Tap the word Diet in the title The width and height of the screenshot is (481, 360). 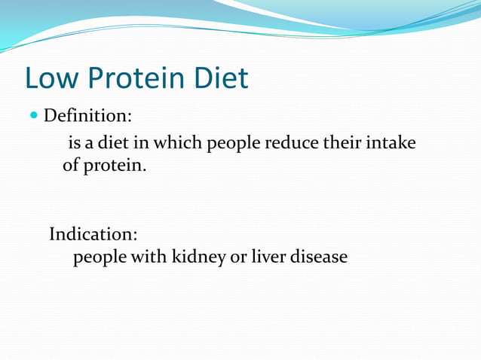tap(220, 78)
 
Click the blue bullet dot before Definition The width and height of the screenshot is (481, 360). tap(33, 117)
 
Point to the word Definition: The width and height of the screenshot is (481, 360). tap(87, 117)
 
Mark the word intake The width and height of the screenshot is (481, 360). tap(391, 142)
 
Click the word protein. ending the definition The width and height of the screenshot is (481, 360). tap(115, 166)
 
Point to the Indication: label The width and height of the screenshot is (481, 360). tap(93, 233)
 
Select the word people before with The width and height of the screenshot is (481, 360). tap(100, 258)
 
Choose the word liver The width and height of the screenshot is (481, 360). tap(268, 258)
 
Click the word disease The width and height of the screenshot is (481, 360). tap(319, 258)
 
